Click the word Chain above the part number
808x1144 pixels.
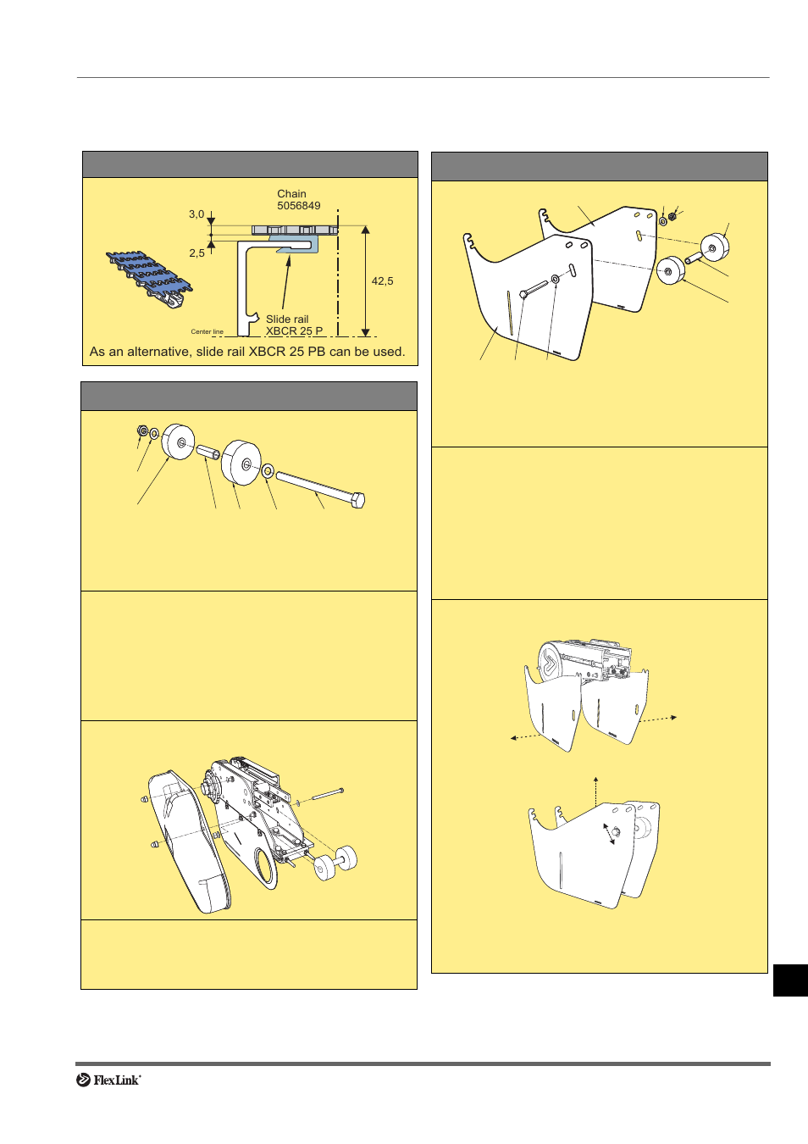point(291,194)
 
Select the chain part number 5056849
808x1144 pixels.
point(298,206)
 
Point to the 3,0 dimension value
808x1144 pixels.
point(196,214)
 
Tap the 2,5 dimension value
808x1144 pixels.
point(196,253)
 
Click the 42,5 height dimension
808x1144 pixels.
point(382,281)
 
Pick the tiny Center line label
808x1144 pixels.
point(207,332)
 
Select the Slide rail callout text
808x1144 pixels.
point(287,319)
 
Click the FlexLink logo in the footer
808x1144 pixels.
point(108,1080)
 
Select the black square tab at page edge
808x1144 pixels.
point(790,980)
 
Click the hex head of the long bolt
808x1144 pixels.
point(357,500)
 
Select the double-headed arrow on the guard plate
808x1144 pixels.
point(609,834)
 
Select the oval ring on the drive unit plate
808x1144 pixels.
point(265,869)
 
